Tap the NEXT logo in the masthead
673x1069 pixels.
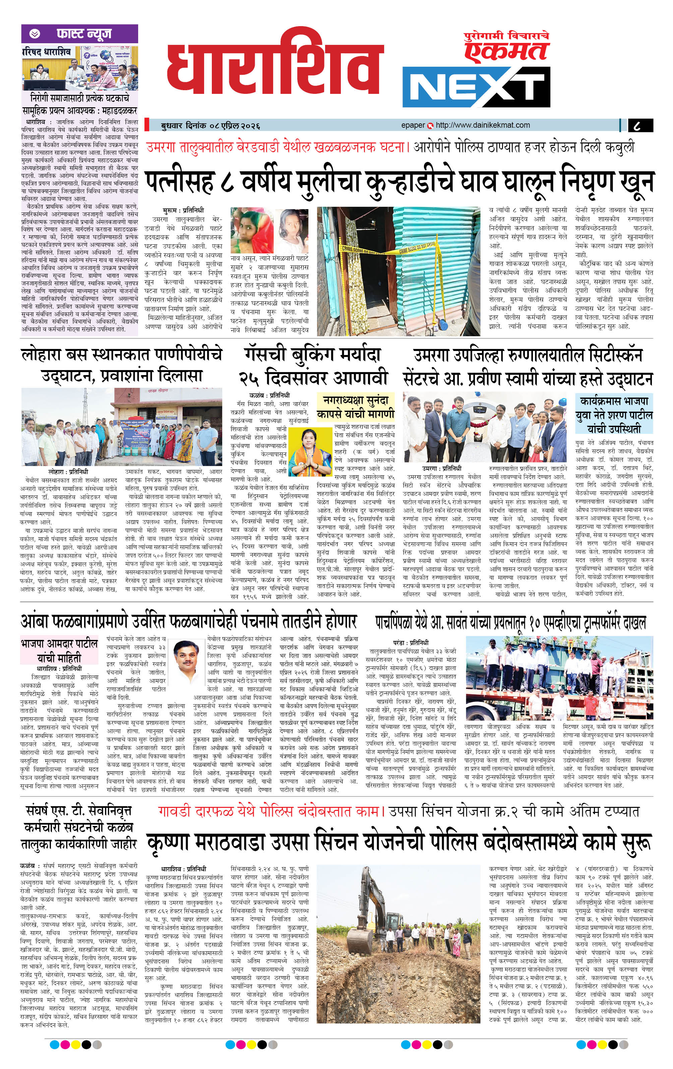coord(476,87)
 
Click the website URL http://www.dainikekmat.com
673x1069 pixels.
coord(483,125)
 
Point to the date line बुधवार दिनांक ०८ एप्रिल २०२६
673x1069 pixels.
coord(210,126)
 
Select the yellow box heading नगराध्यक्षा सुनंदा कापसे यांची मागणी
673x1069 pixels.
coord(356,407)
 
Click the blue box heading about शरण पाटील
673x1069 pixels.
coord(614,415)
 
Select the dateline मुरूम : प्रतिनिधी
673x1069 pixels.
coord(183,210)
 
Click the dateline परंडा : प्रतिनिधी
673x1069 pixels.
coord(411,642)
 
